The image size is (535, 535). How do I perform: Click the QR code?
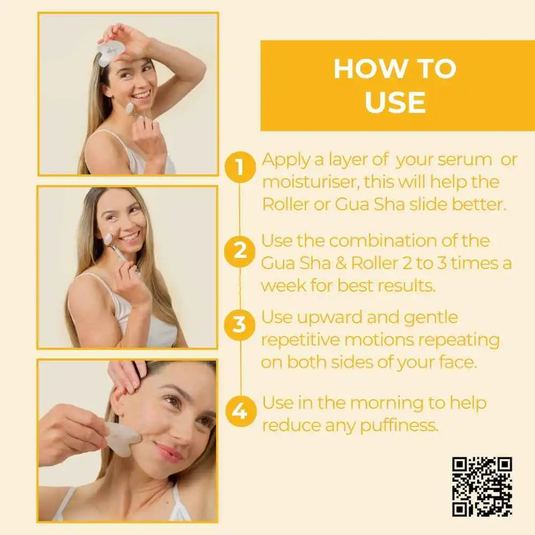pos(482,487)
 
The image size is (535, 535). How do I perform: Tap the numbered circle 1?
pos(240,167)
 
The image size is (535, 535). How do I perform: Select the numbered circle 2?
pos(240,251)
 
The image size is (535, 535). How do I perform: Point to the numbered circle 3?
pos(240,325)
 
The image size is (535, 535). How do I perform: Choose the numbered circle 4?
pos(240,411)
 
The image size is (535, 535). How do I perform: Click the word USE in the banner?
pos(395,102)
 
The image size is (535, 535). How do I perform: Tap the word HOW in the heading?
pos(369,69)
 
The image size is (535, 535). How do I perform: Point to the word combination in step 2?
pos(383,241)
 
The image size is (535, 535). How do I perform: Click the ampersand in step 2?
pos(340,263)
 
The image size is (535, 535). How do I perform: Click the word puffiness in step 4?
pos(399,426)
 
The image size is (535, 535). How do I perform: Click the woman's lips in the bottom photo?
pos(170,452)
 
